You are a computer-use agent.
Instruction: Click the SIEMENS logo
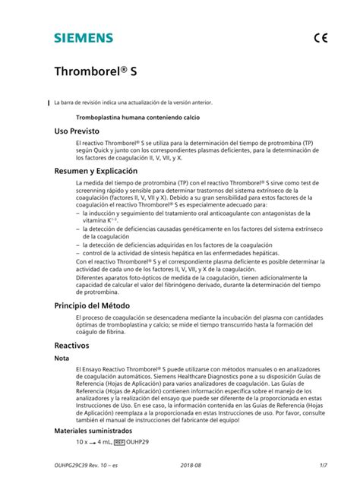coord(83,37)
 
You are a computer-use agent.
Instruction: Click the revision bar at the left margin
coord(47,102)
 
